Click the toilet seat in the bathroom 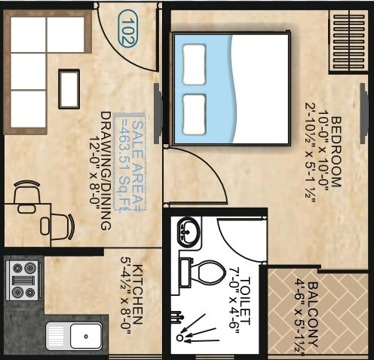(x=207, y=272)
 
